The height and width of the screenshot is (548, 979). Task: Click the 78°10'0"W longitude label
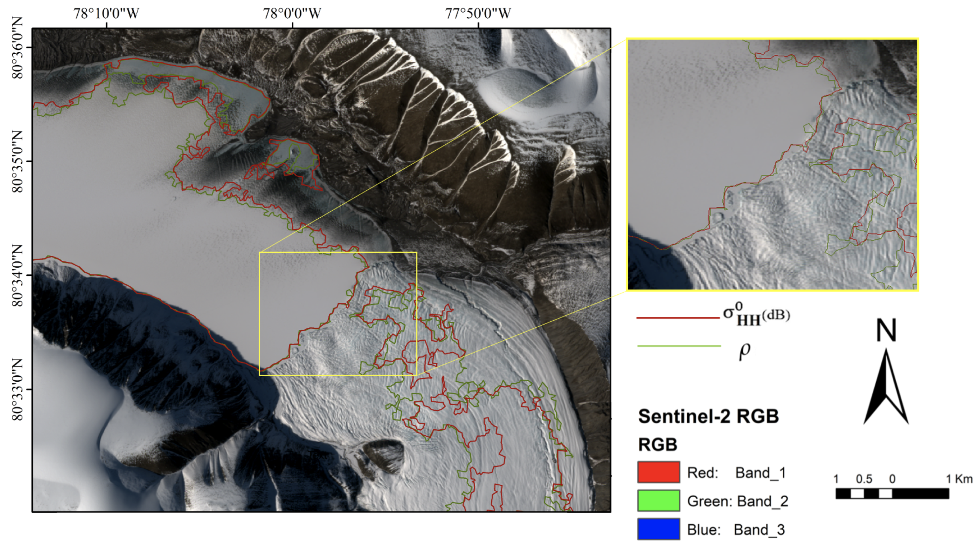[106, 13]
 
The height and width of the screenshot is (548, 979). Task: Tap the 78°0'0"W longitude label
[292, 13]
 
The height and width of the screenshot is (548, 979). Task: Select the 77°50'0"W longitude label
[478, 13]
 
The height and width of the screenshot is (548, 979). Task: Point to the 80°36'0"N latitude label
[17, 47]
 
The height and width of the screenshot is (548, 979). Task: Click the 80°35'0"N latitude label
[17, 161]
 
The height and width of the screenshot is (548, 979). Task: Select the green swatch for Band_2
[658, 501]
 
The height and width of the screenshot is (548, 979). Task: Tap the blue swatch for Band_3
[658, 529]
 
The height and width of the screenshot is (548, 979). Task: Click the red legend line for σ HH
[678, 317]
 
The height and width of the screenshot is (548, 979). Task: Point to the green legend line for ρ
[679, 346]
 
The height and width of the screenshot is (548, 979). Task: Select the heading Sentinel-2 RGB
[709, 416]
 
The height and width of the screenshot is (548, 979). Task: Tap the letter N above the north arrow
[886, 330]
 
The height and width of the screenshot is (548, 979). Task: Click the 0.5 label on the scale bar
[863, 479]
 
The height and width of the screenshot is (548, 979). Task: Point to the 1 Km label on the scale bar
[959, 479]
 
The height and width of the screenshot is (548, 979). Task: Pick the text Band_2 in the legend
[762, 501]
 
